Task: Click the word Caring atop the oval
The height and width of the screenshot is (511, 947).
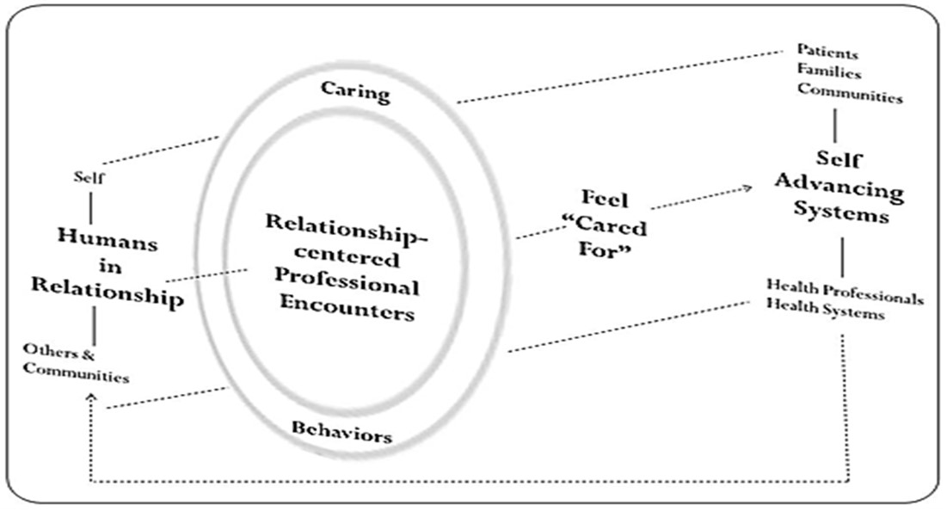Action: pos(355,90)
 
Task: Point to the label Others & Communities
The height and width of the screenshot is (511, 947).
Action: pos(76,364)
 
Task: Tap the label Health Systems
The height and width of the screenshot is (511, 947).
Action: pos(825,314)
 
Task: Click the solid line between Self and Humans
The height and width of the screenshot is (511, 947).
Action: pos(90,206)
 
